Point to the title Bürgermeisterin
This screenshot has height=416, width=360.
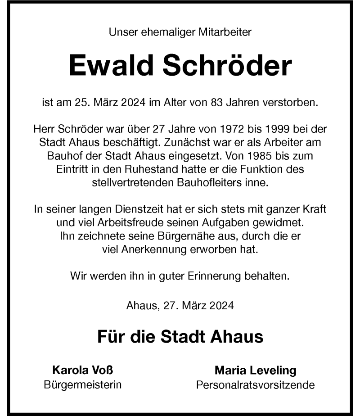click(83, 385)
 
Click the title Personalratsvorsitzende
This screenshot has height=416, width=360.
click(255, 385)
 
